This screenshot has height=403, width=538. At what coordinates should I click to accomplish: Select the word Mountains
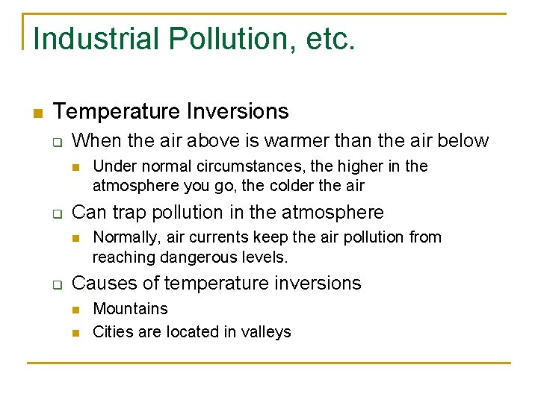pyautogui.click(x=130, y=309)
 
